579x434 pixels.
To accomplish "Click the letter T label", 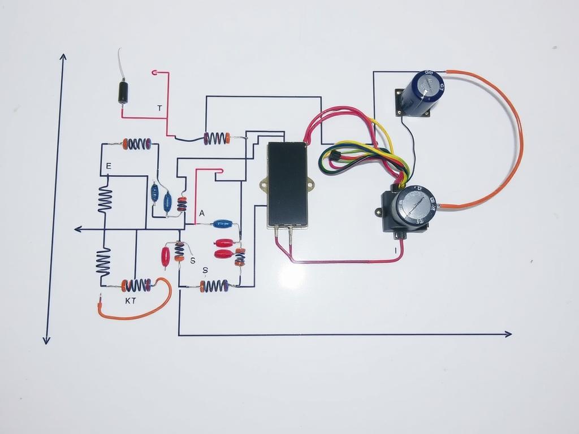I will coord(160,108).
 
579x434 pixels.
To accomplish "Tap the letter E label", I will coord(109,166).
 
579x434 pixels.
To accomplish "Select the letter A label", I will coord(202,213).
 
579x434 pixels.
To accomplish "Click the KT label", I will coord(131,301).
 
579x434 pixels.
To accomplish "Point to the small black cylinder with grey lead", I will coord(123,92).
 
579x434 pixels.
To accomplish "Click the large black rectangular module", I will coord(288,184).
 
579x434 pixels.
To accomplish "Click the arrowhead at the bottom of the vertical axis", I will coord(46,340).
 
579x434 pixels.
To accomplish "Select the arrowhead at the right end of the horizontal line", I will coord(508,334).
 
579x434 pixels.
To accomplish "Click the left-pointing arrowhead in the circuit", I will coord(78,229).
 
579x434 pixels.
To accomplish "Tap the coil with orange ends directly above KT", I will coord(136,285).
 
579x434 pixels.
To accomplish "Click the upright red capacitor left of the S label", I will coord(166,256).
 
